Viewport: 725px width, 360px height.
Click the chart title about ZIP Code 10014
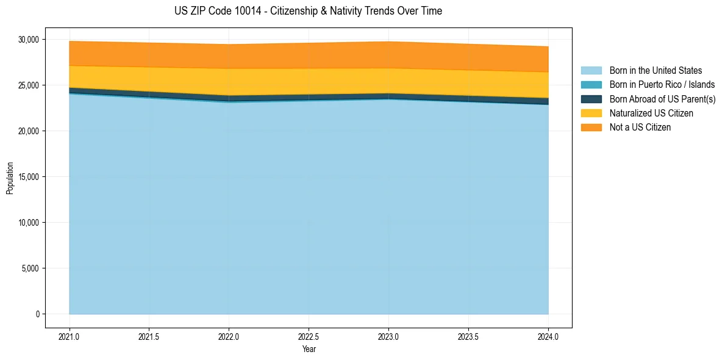(x=308, y=11)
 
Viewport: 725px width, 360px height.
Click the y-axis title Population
(x=10, y=178)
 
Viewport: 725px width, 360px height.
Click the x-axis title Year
(x=309, y=350)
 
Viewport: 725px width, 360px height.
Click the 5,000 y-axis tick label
(x=29, y=268)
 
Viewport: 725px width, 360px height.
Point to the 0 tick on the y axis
(x=37, y=314)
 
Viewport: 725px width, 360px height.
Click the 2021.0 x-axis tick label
(x=70, y=336)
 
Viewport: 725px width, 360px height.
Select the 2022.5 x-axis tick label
(x=309, y=336)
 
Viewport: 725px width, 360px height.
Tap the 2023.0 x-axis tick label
(x=388, y=336)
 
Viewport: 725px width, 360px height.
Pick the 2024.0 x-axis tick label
(x=548, y=336)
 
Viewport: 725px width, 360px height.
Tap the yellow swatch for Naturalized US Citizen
(x=591, y=113)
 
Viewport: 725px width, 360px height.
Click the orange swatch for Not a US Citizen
(x=591, y=127)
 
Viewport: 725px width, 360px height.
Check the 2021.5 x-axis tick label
(x=149, y=336)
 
